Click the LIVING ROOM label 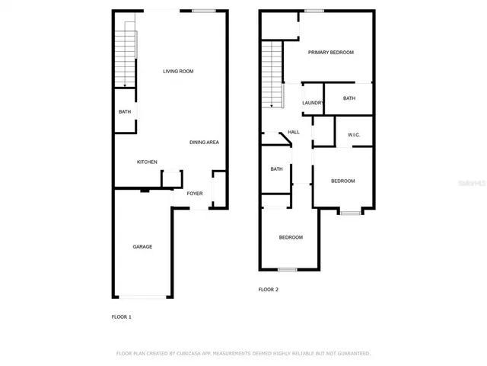pos(178,72)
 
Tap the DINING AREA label pos(205,143)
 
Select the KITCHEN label pos(147,162)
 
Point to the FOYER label pos(195,194)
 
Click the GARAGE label pos(142,246)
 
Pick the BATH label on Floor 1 pos(124,112)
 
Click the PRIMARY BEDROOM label pos(331,53)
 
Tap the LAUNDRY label pos(313,103)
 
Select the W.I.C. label pos(354,135)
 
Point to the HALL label pos(294,132)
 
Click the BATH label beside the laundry pos(349,98)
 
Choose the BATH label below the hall pos(276,169)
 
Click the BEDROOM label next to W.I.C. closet pos(342,181)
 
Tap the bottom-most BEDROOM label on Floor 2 pos(291,237)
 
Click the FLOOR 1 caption pos(122,316)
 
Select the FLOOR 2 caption pos(269,290)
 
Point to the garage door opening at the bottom pos(142,297)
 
